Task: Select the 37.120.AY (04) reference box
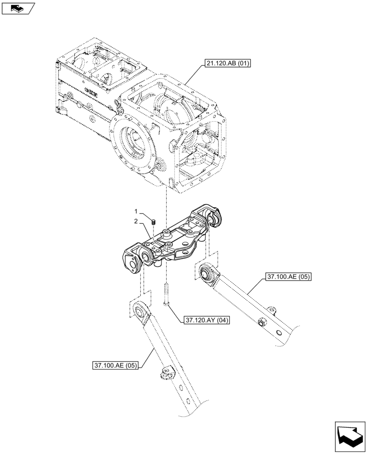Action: tap(207, 321)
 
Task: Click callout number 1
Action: tap(135, 212)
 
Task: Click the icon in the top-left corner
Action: tap(18, 8)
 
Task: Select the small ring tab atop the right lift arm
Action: tap(273, 308)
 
